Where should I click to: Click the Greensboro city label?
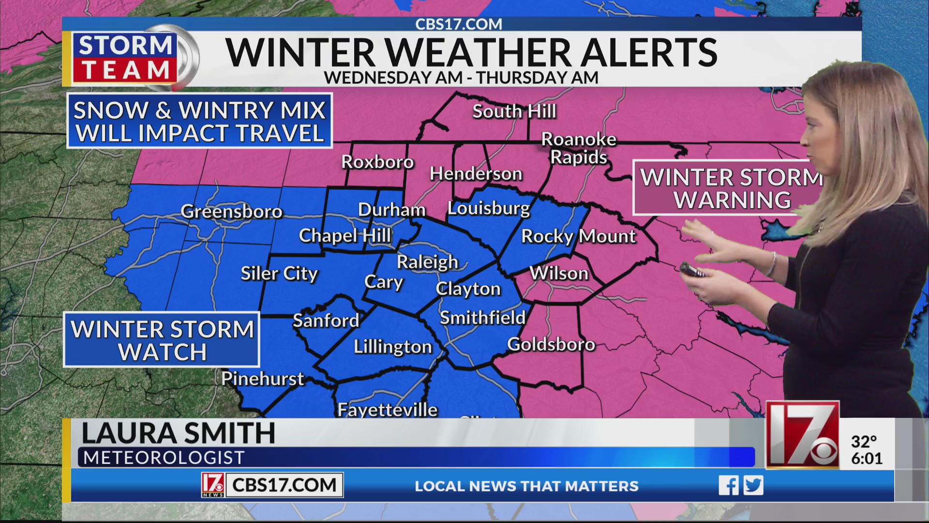[x=231, y=211]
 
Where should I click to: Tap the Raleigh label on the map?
[x=427, y=262]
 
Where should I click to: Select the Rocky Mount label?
[x=578, y=236]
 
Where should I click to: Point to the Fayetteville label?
[x=387, y=410]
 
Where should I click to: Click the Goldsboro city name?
[x=551, y=344]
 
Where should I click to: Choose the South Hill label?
[x=514, y=111]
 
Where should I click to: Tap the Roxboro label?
[x=377, y=162]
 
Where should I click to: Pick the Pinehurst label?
[x=262, y=379]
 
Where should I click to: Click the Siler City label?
[x=279, y=274]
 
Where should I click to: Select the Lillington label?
[x=393, y=347]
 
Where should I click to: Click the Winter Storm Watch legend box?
[x=162, y=340]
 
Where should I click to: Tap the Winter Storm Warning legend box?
[x=731, y=188]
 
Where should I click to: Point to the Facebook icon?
[x=728, y=485]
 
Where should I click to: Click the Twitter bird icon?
[x=753, y=485]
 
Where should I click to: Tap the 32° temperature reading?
[x=864, y=442]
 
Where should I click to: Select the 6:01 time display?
[x=867, y=458]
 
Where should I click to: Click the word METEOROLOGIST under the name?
[x=164, y=458]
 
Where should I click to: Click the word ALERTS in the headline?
[x=649, y=52]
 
